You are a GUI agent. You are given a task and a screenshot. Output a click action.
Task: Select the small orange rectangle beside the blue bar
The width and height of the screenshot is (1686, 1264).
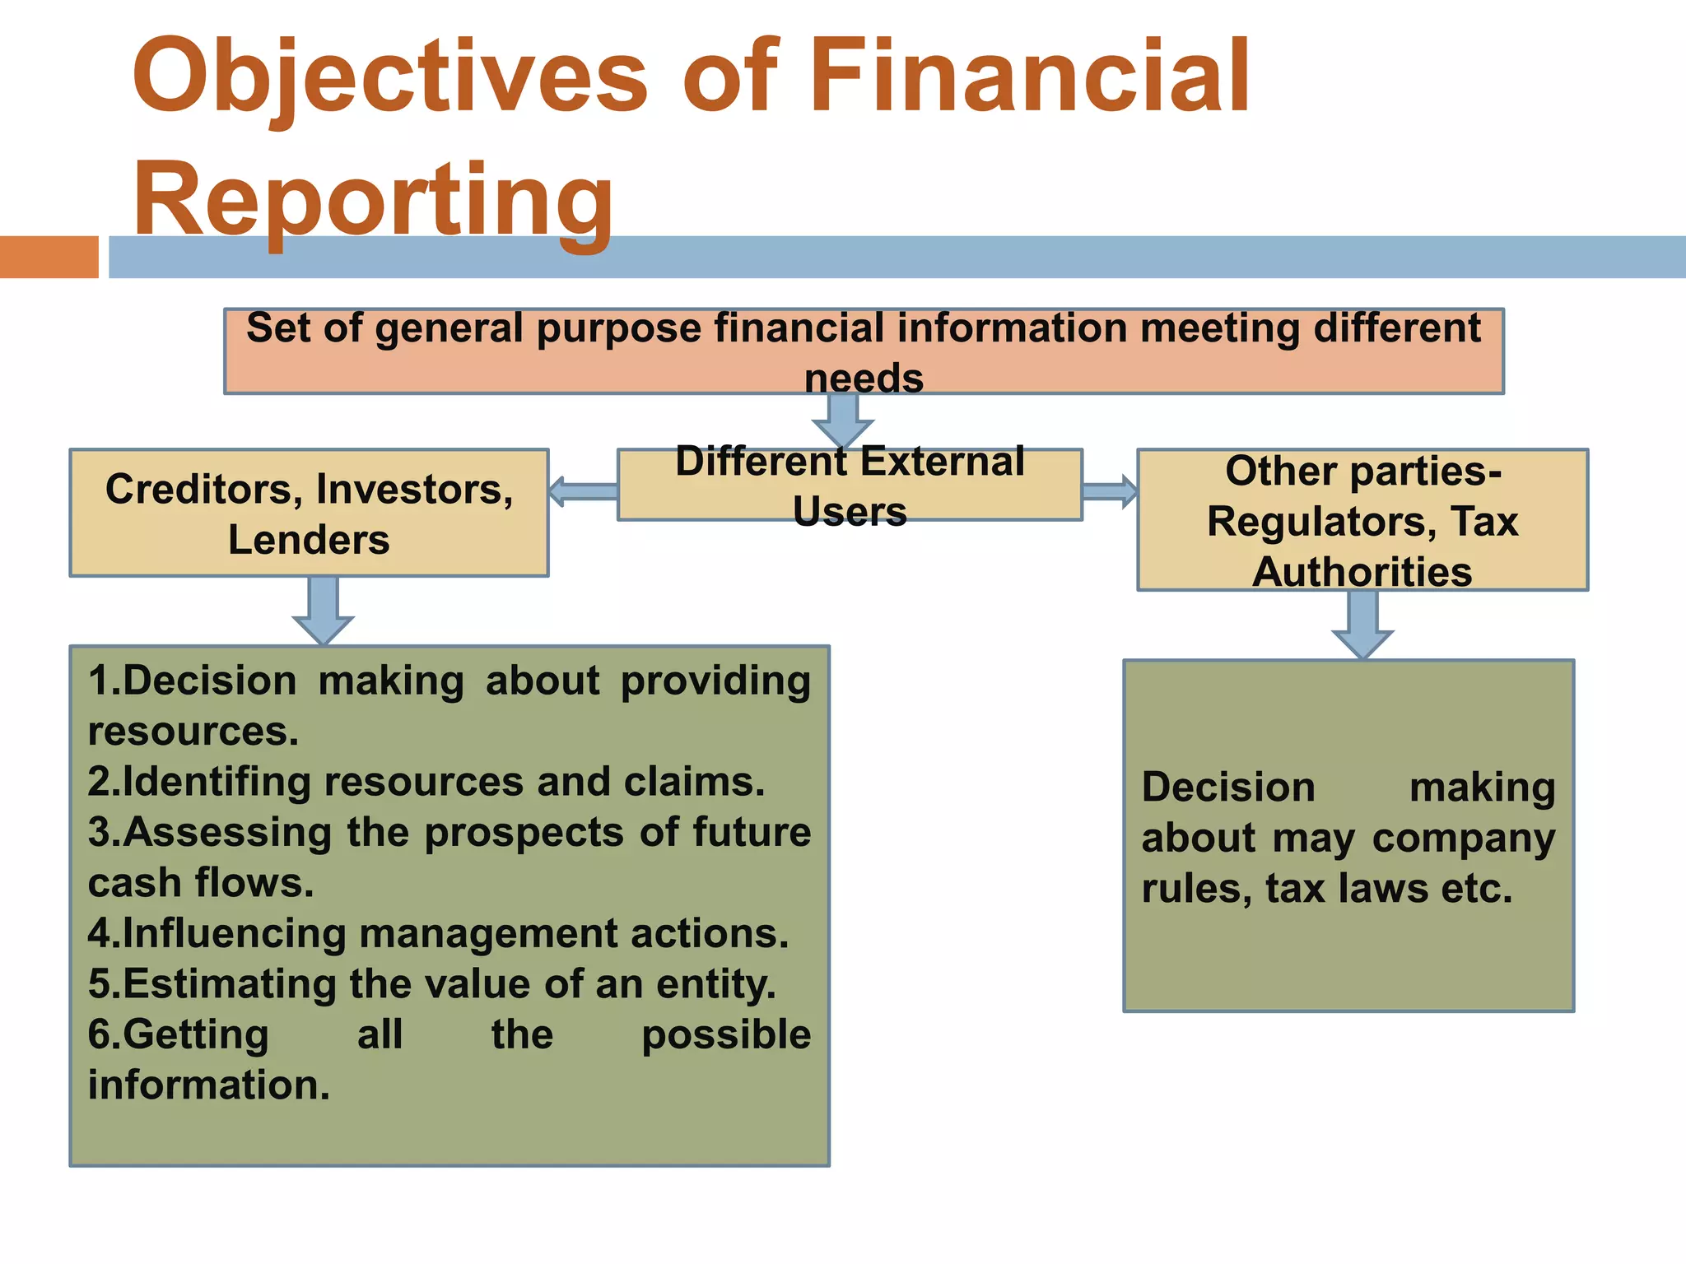(x=49, y=257)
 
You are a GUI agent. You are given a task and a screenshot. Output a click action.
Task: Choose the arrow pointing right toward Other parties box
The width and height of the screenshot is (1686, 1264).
(x=1110, y=491)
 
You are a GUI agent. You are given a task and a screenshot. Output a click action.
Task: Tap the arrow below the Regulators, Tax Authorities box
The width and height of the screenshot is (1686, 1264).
(x=1362, y=625)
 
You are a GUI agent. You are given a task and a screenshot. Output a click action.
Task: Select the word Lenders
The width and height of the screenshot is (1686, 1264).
(x=309, y=540)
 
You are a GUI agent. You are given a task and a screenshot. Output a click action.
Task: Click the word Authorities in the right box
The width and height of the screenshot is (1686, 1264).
(x=1362, y=572)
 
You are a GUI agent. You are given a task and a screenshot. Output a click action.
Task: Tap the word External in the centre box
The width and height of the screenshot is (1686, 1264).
(x=943, y=462)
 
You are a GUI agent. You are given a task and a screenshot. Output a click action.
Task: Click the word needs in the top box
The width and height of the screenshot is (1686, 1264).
(x=864, y=379)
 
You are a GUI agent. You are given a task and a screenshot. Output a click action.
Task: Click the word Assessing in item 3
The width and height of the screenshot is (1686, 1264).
(x=227, y=832)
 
